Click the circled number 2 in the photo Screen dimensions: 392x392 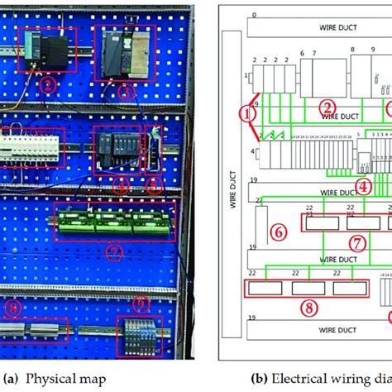click(49, 84)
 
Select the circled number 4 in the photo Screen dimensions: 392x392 click(122, 186)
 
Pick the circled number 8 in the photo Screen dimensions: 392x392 click(14, 308)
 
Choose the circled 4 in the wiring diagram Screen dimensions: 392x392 click(362, 186)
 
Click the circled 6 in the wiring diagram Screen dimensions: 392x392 click(280, 233)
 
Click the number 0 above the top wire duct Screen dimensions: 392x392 click(254, 16)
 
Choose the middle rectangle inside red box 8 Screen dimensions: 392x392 click(306, 289)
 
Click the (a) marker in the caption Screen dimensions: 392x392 click(11, 378)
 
